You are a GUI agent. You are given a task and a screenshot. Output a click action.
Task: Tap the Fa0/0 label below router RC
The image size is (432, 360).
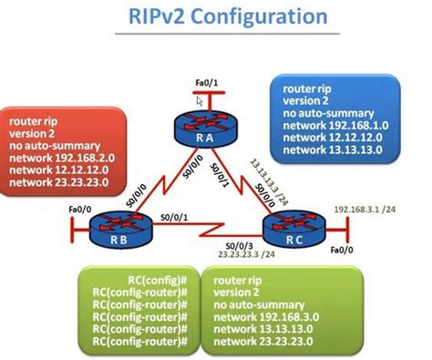[342, 249]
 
